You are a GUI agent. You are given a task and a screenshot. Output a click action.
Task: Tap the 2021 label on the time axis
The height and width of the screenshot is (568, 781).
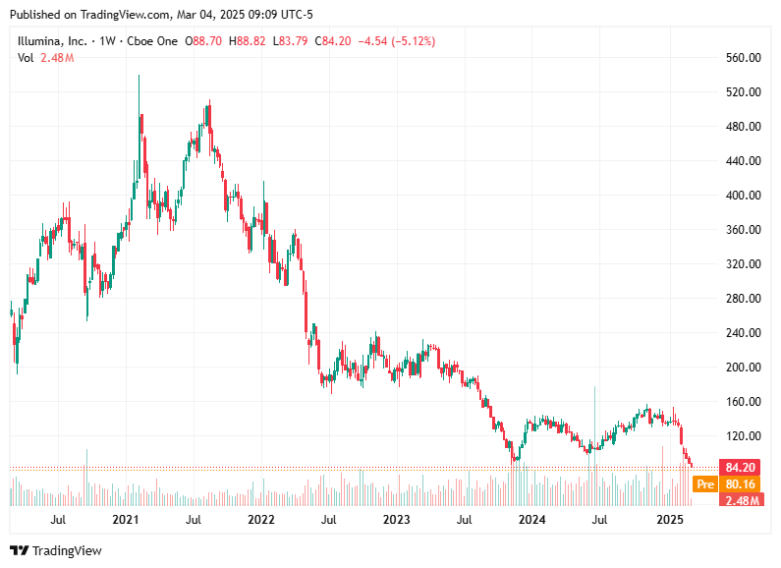pyautogui.click(x=125, y=518)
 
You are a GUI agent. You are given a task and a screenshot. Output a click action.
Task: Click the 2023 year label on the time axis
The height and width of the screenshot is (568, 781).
pyautogui.click(x=396, y=518)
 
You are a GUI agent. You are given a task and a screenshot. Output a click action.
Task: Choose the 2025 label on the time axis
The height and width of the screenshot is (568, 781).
pyautogui.click(x=669, y=518)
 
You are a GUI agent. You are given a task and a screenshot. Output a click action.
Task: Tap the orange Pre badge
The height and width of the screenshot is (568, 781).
pyautogui.click(x=703, y=483)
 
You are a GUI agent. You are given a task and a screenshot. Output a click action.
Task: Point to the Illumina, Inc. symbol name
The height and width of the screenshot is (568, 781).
pyautogui.click(x=52, y=41)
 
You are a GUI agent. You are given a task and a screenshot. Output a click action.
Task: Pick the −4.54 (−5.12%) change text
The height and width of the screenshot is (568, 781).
pyautogui.click(x=397, y=41)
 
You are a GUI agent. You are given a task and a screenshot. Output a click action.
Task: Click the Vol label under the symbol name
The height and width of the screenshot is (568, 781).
pyautogui.click(x=26, y=58)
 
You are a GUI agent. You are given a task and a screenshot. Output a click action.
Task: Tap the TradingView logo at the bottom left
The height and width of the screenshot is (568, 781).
pyautogui.click(x=57, y=551)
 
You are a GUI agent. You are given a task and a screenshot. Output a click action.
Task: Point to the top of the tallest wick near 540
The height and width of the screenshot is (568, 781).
pyautogui.click(x=139, y=76)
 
